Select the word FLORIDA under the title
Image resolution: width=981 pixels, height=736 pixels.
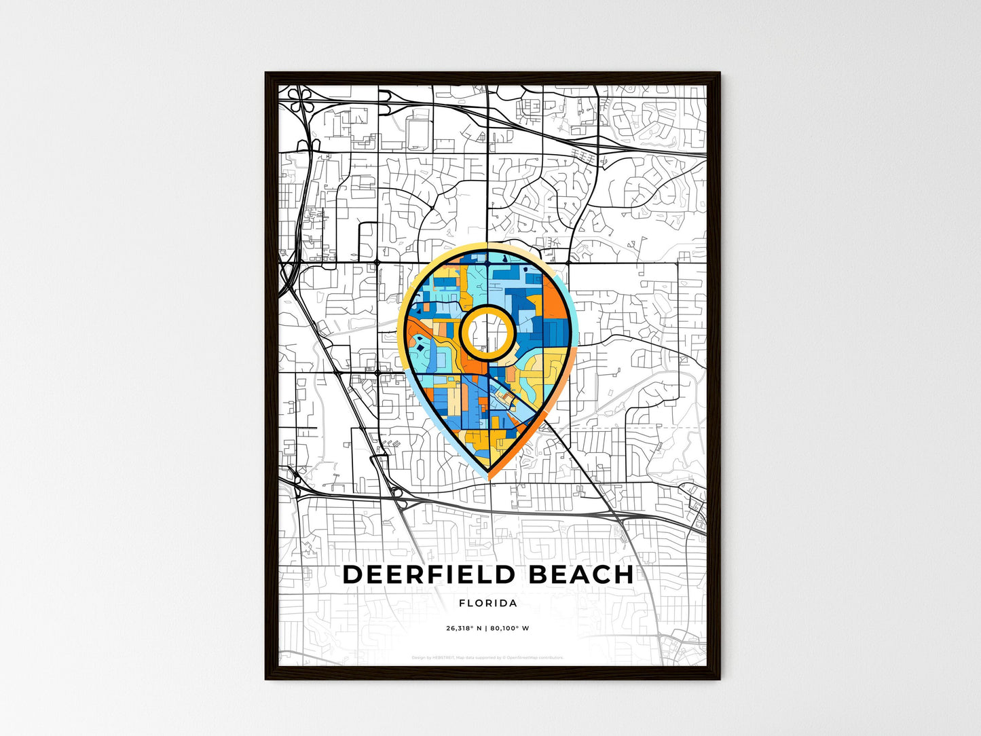[488, 603]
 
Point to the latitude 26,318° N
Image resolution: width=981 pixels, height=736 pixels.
[464, 628]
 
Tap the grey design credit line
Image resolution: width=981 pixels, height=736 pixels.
[487, 657]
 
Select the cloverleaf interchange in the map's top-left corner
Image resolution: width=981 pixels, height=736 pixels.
[299, 101]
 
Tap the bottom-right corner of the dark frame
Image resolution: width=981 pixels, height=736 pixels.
[719, 678]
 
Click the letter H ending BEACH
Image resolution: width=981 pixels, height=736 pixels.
[624, 574]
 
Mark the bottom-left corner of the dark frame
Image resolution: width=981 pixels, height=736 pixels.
[267, 678]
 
